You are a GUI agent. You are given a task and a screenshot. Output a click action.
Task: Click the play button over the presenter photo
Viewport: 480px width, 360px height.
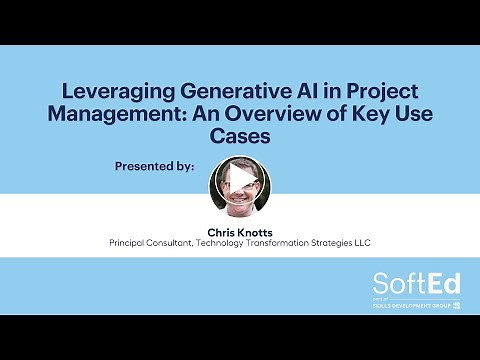pyautogui.click(x=240, y=180)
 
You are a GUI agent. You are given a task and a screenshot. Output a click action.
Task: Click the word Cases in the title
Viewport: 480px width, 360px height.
pyautogui.click(x=240, y=134)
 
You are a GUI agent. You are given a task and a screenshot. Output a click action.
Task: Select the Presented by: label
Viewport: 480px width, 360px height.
pyautogui.click(x=155, y=165)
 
